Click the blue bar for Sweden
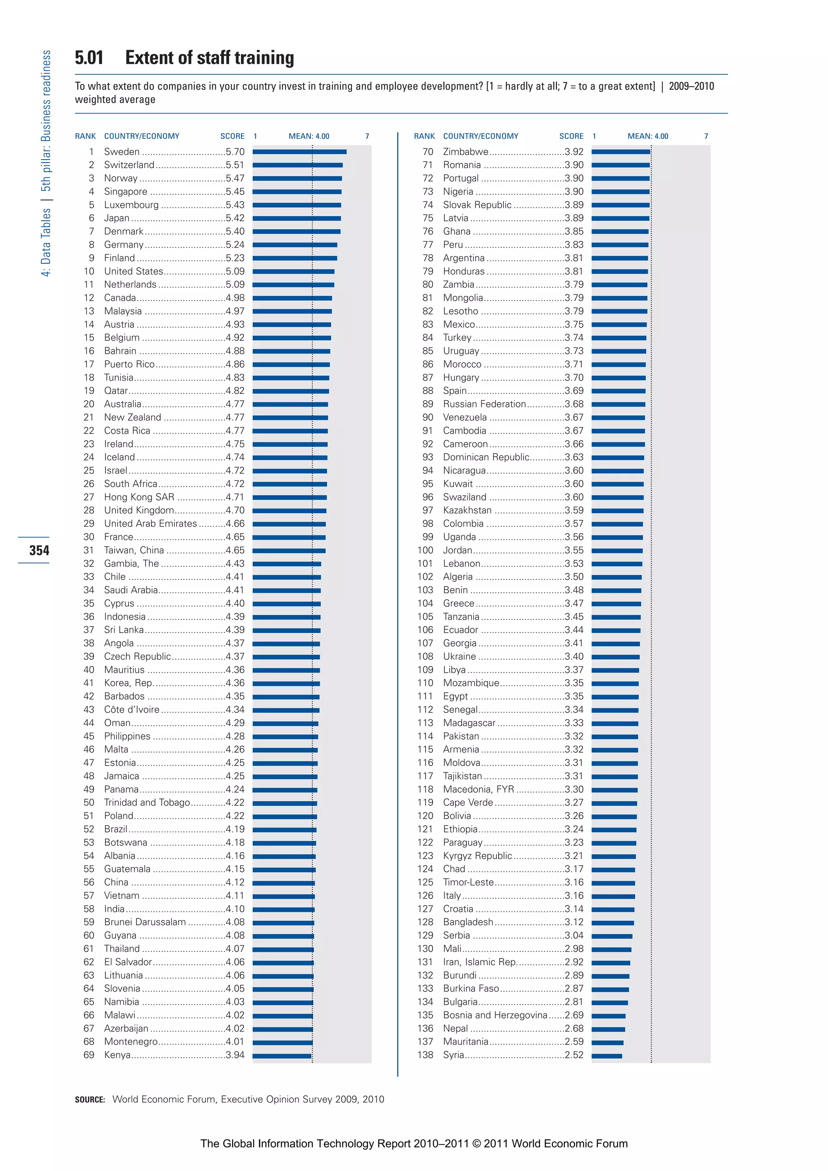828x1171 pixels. tap(300, 152)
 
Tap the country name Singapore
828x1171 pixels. tap(125, 191)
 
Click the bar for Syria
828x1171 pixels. tap(606, 1056)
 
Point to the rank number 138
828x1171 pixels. tap(425, 1055)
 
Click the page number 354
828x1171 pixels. tap(39, 550)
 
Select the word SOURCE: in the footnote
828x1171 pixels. tap(90, 1099)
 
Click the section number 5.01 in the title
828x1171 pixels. tap(89, 58)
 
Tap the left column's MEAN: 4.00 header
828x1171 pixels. tap(308, 136)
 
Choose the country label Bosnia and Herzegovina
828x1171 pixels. tap(495, 1015)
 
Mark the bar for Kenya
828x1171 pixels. tap(282, 1056)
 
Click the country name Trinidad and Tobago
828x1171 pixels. tap(147, 802)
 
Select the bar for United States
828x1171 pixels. tap(294, 271)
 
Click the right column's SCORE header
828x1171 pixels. tap(571, 136)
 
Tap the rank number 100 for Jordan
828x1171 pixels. tap(425, 550)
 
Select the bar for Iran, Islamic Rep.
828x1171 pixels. tap(610, 963)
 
